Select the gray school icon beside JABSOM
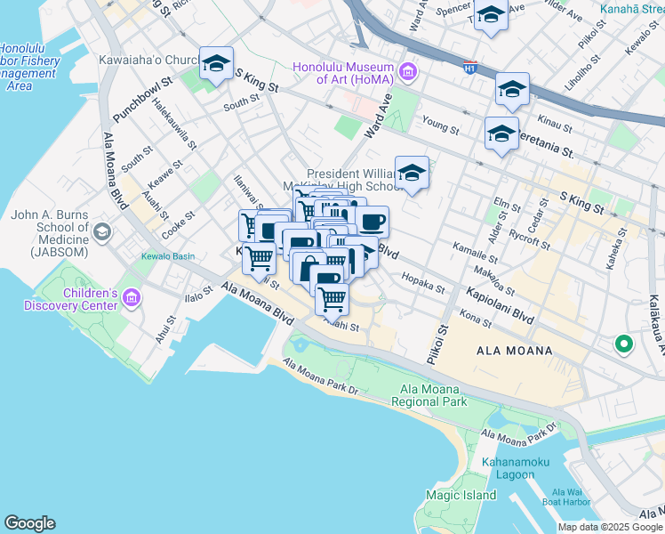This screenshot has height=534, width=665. pos(102,232)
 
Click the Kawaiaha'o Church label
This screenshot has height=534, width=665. pos(155,61)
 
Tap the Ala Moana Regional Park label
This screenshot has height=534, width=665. pos(434,395)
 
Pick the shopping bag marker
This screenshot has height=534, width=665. pos(308,267)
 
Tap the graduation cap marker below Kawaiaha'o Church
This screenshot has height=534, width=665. pos(216,63)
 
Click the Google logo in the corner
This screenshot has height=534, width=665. pos(29,523)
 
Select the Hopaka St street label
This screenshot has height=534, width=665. pos(423,282)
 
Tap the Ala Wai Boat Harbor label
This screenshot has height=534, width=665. pos(565,497)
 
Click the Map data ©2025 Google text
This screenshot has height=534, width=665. pos(609,527)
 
